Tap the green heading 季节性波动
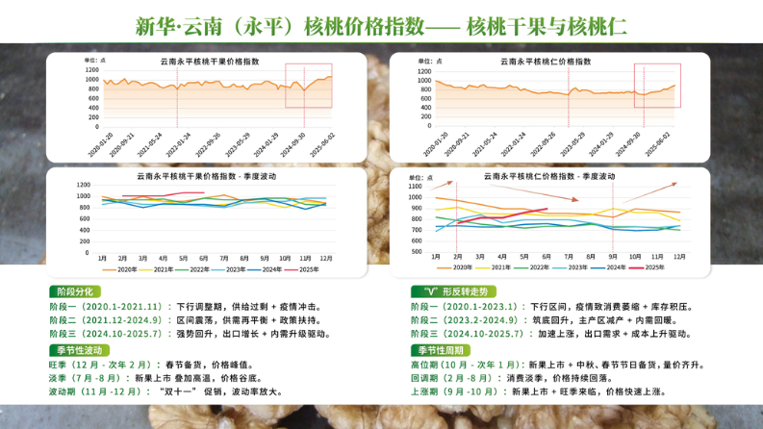pos(75,350)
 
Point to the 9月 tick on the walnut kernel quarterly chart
pos(613,257)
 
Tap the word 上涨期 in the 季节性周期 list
pos(426,393)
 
